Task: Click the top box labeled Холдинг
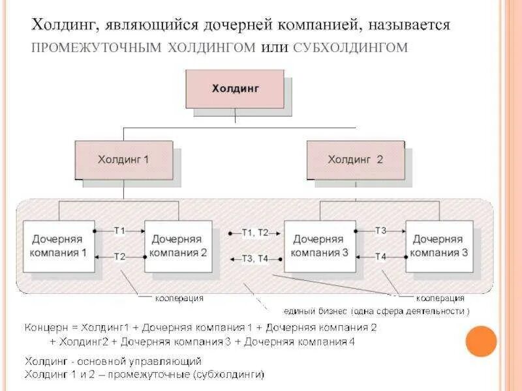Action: pos(235,89)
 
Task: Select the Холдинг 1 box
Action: pos(123,160)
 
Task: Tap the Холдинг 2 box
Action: pos(355,160)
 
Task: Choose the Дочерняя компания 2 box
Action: pos(178,246)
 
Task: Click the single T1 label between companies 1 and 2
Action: pos(119,231)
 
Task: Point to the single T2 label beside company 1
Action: pos(119,257)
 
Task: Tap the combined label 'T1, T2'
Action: pos(255,233)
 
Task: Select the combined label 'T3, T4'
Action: pos(255,259)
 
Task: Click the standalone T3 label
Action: pos(381,231)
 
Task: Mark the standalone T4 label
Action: pos(381,257)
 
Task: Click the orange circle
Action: pos(482,341)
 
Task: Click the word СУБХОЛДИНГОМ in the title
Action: pos(351,48)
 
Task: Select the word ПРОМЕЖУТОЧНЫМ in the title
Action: pos(97,48)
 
